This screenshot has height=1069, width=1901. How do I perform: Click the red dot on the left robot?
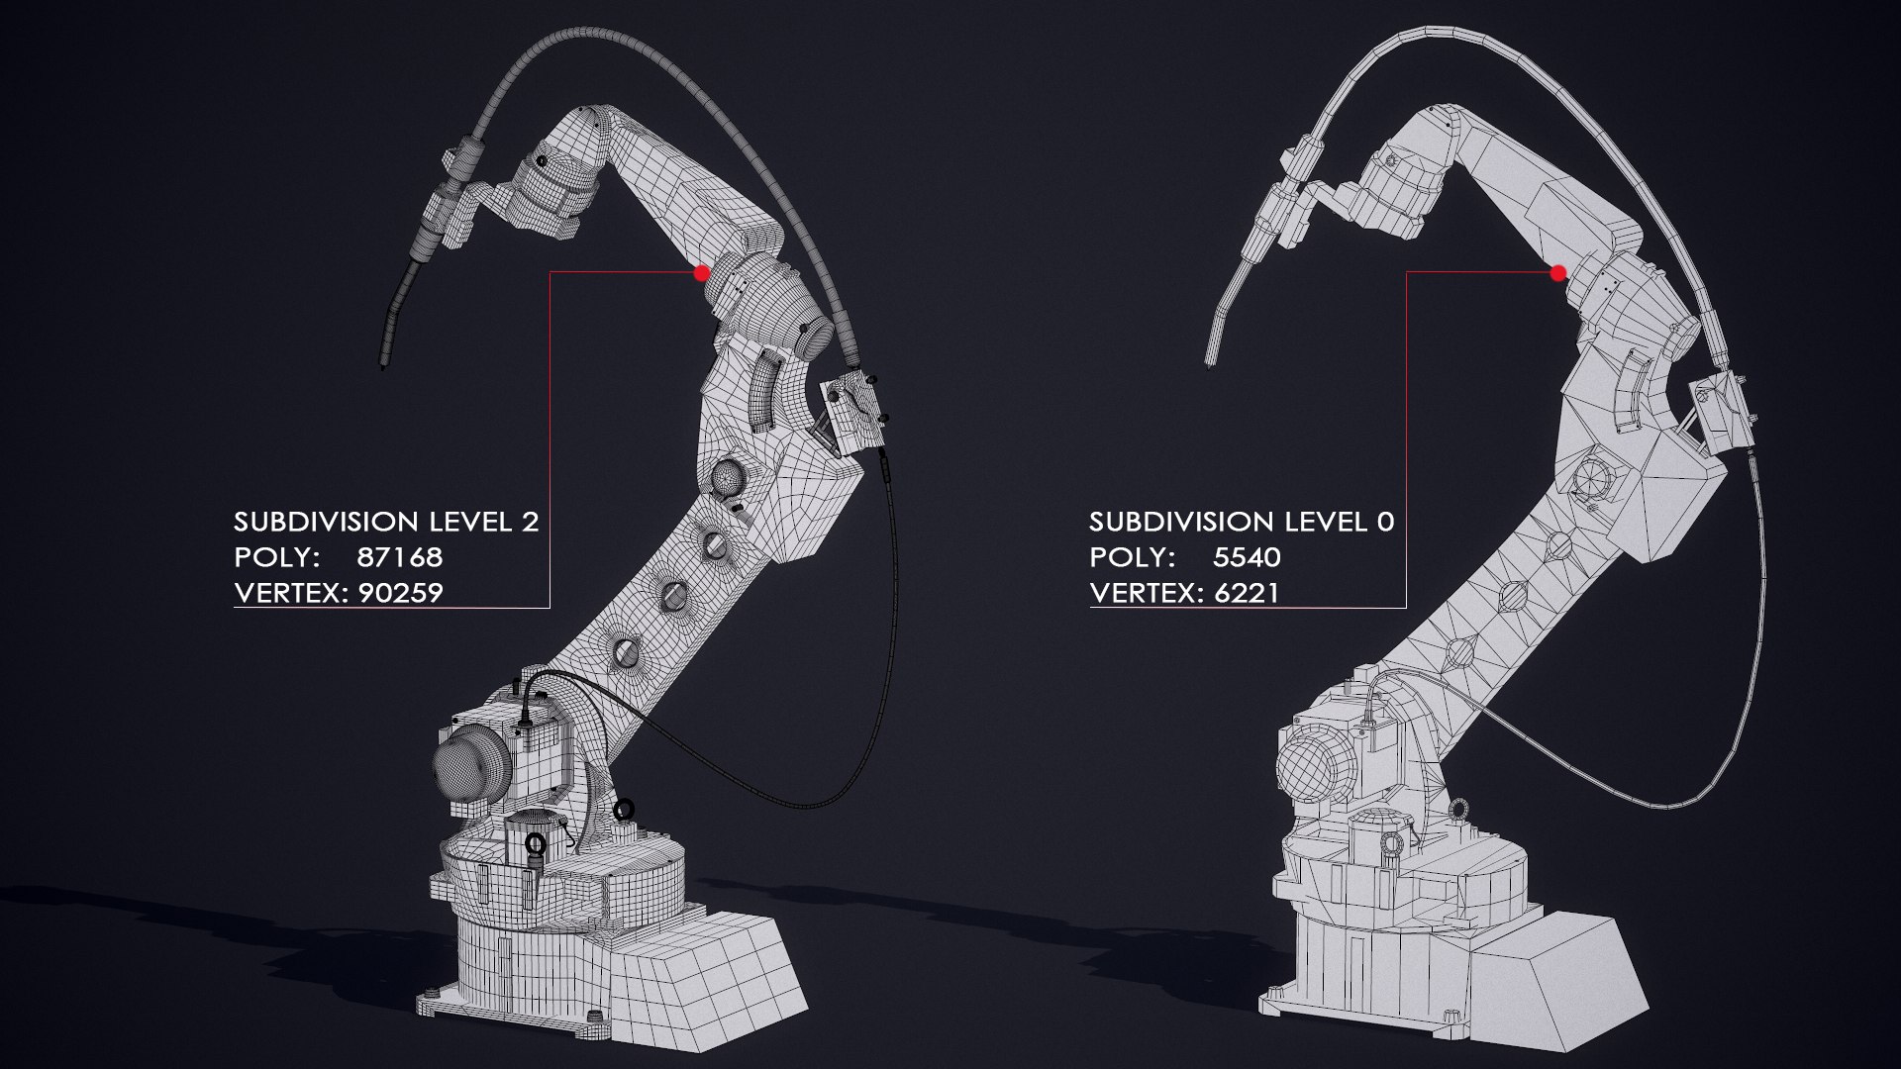pyautogui.click(x=702, y=272)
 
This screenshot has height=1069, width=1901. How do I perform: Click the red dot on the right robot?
pyautogui.click(x=1557, y=272)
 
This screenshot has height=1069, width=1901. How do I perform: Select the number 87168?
pyautogui.click(x=399, y=557)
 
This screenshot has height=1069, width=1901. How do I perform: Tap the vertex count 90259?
pyautogui.click(x=400, y=593)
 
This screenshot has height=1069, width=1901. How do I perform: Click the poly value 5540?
pyautogui.click(x=1247, y=557)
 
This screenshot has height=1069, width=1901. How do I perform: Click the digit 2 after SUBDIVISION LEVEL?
pyautogui.click(x=530, y=522)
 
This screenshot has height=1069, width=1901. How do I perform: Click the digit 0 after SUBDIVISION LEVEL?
pyautogui.click(x=1385, y=522)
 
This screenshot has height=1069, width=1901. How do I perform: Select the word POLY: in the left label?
pyautogui.click(x=276, y=557)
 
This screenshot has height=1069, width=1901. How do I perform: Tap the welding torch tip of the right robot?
pyautogui.click(x=1208, y=360)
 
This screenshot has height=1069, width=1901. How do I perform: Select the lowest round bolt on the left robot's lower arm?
pyautogui.click(x=626, y=650)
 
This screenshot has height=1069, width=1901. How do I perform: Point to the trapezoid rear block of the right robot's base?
pyautogui.click(x=1559, y=975)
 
